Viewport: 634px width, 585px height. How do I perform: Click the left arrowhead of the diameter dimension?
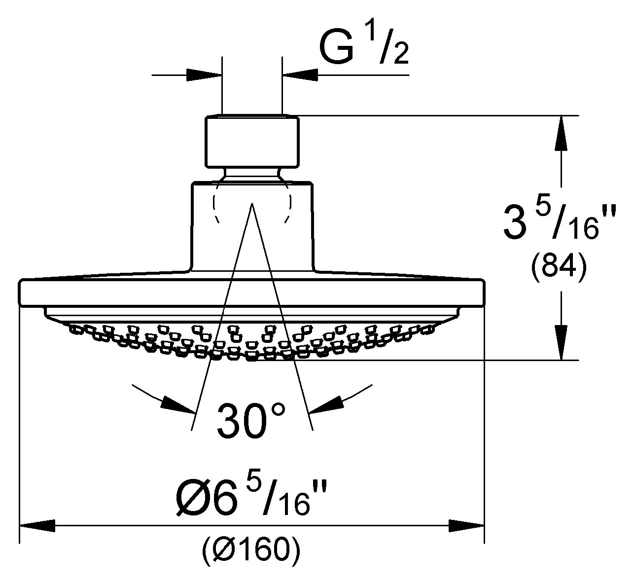point(37,526)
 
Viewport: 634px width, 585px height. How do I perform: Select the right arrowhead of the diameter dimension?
point(467,526)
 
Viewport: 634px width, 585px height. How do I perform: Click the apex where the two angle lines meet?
point(252,203)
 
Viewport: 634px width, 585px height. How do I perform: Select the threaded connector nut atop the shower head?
point(252,141)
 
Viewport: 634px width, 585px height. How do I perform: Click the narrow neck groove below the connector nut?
point(252,175)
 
